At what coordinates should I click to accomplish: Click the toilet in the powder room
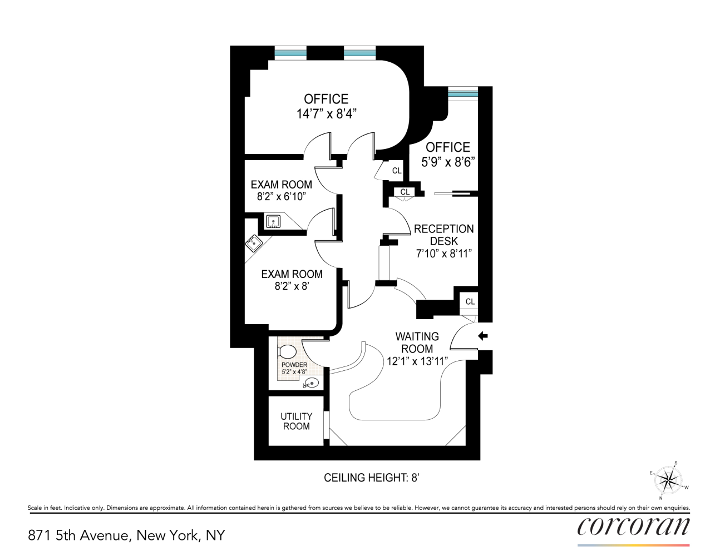(287, 351)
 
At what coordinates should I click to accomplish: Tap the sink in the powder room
(311, 383)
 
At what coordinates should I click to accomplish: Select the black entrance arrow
(483, 336)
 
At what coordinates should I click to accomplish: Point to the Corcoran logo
(633, 527)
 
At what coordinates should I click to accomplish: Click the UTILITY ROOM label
(296, 421)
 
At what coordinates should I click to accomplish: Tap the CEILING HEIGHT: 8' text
(371, 478)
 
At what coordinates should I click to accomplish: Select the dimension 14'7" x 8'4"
(326, 114)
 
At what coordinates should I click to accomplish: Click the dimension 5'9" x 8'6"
(447, 162)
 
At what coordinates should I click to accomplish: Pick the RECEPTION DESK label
(443, 235)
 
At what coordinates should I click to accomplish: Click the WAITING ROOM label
(417, 342)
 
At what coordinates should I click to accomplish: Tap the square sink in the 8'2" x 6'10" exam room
(273, 222)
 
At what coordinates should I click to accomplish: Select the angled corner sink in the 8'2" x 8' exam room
(254, 243)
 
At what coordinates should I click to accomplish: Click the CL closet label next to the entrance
(470, 301)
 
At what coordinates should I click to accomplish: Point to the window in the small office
(463, 93)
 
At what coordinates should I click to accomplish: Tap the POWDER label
(294, 365)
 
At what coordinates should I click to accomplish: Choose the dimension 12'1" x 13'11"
(417, 361)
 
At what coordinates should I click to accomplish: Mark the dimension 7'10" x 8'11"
(443, 254)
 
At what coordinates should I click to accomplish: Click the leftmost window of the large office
(290, 53)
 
